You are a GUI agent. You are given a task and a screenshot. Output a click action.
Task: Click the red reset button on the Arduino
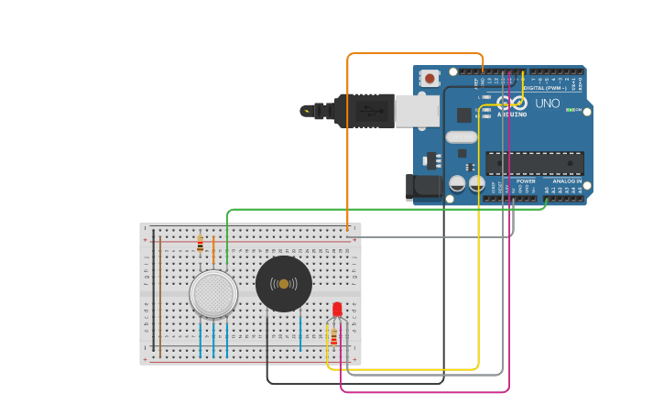point(430,79)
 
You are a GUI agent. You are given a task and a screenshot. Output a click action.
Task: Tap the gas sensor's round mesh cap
point(213,294)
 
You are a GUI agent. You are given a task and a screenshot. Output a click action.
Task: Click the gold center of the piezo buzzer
point(284,284)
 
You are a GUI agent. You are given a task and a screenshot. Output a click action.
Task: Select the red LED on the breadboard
point(337,309)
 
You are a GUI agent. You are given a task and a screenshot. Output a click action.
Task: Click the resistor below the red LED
point(333,339)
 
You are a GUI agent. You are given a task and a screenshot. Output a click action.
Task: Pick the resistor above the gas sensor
point(201,245)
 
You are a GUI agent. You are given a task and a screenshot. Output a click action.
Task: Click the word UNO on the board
point(547,104)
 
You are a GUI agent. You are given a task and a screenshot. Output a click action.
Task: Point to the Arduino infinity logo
point(512,103)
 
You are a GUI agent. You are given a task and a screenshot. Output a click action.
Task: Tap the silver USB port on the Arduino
point(416,111)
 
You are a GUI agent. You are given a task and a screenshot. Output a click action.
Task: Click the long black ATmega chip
point(534,164)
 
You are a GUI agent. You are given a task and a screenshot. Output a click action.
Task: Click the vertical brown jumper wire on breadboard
point(160,293)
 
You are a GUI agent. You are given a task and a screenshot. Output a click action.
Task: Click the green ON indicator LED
point(571,110)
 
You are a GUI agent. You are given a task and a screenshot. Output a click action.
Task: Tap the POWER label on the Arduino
point(526,181)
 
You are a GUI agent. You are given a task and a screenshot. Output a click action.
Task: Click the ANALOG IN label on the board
point(566,181)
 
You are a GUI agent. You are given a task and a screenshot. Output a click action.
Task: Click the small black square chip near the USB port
point(464,115)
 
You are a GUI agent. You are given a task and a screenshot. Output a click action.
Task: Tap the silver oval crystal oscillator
point(461,137)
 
